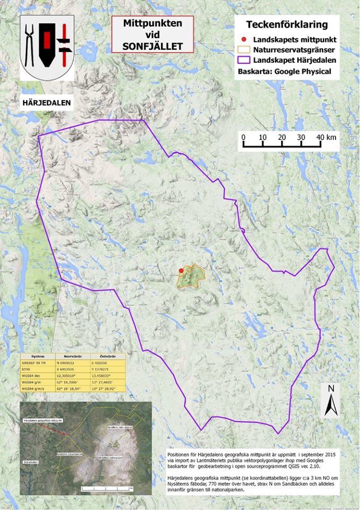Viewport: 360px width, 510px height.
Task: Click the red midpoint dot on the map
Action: pos(181,270)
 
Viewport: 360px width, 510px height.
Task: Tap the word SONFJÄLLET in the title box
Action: pos(152,46)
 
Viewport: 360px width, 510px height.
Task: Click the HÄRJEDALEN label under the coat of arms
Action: pos(46,101)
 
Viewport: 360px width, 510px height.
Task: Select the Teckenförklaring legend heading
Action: pos(287,24)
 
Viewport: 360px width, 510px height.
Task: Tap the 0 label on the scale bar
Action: pos(244,137)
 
